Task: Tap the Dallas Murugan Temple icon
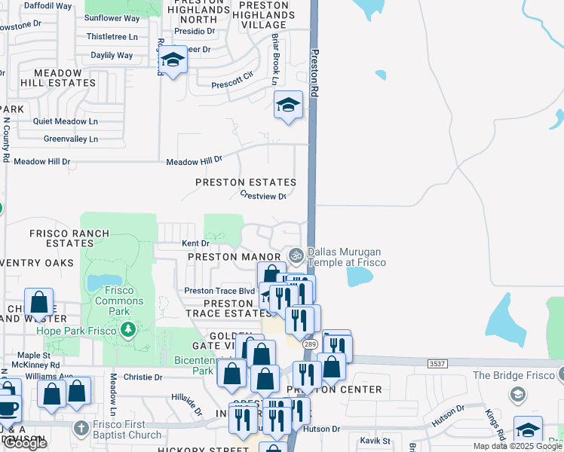(x=296, y=255)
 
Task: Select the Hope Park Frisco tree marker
(x=128, y=330)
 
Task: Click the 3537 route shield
(x=437, y=363)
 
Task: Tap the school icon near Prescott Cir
(x=173, y=60)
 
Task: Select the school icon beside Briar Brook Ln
(x=288, y=105)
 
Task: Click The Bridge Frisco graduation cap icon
(x=517, y=394)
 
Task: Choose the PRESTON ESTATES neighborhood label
(x=246, y=182)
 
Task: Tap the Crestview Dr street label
(x=263, y=196)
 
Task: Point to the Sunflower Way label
(x=112, y=18)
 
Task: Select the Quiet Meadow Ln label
(x=66, y=121)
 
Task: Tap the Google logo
(x=25, y=443)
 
